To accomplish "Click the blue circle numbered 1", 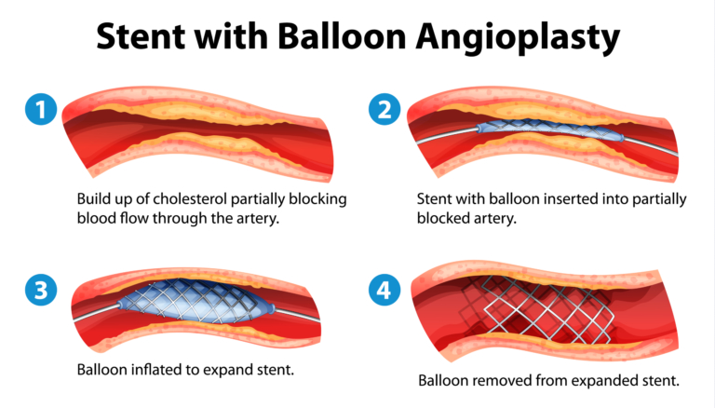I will coord(39,111).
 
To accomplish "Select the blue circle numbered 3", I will coord(39,291).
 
